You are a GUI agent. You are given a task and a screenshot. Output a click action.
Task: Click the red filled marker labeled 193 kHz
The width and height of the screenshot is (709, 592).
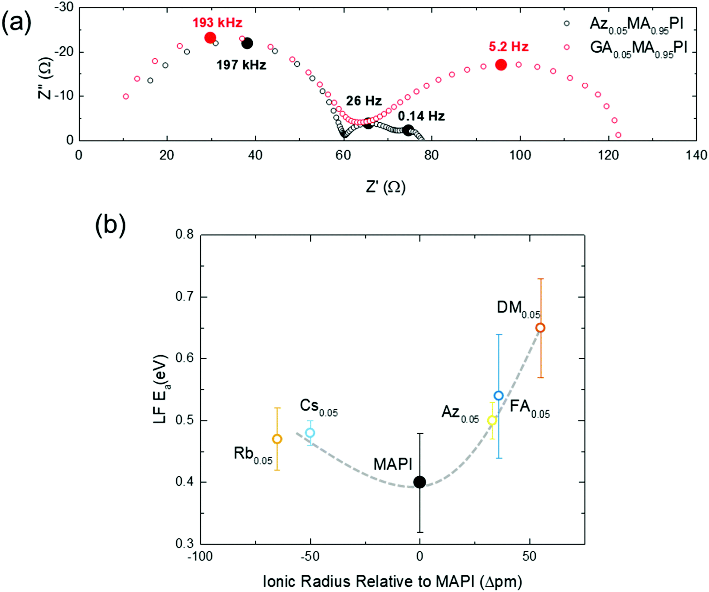[x=210, y=38]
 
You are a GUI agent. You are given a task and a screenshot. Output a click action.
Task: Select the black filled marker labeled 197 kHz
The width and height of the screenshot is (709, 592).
[x=247, y=43]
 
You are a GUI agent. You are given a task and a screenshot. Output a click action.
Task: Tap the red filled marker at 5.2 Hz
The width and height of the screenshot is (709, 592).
[x=501, y=65]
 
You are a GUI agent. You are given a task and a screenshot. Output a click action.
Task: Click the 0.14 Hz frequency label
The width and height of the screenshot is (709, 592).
[x=421, y=116]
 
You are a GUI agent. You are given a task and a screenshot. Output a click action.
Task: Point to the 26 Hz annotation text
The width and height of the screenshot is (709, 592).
[x=364, y=101]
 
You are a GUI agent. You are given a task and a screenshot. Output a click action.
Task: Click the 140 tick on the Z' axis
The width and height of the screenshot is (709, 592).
[x=696, y=155]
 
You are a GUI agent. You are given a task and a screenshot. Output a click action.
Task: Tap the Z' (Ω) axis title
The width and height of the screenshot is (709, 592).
[x=386, y=187]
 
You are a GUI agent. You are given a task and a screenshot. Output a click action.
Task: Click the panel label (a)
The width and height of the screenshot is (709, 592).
[x=16, y=22]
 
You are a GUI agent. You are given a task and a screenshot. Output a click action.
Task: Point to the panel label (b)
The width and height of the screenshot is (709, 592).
[x=110, y=225]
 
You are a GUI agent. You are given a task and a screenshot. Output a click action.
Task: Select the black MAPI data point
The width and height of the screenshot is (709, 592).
[x=420, y=482]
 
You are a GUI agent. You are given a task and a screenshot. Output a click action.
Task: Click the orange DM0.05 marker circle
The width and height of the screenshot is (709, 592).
[x=540, y=328]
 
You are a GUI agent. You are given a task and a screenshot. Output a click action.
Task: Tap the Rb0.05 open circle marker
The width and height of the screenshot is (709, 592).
[x=277, y=439]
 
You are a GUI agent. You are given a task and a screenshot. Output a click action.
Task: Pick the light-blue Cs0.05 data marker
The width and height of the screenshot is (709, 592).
[x=310, y=433]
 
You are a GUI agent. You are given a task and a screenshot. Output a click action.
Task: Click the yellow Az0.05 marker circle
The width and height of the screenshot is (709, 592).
[x=492, y=420]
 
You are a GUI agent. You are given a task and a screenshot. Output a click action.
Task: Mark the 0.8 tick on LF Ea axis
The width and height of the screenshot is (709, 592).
[x=184, y=235]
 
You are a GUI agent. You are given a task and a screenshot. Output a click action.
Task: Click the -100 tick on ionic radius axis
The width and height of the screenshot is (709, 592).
[x=200, y=557]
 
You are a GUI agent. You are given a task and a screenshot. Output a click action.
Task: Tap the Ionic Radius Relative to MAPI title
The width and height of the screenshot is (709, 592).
[x=392, y=581]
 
